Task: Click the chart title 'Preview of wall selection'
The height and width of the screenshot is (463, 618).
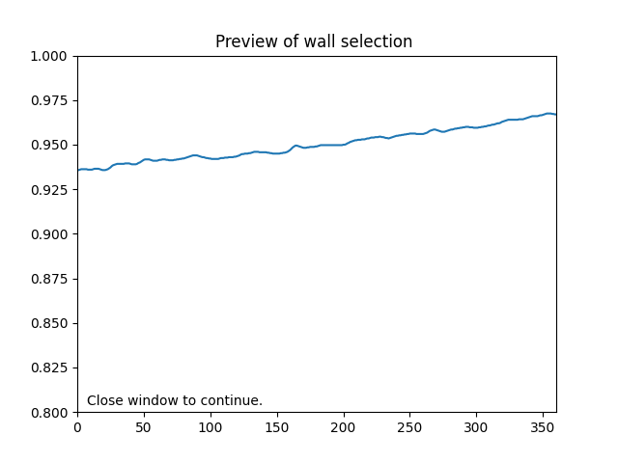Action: [x=314, y=42]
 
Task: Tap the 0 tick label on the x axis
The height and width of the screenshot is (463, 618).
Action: [x=77, y=426]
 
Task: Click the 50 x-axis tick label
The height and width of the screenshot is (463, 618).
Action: [x=144, y=426]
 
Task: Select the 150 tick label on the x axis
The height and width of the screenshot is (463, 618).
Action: [x=277, y=426]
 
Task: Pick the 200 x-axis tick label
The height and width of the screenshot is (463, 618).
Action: [x=344, y=426]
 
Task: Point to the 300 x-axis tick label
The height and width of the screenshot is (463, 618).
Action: [x=476, y=426]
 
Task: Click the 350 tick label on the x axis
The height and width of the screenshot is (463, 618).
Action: [x=543, y=426]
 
